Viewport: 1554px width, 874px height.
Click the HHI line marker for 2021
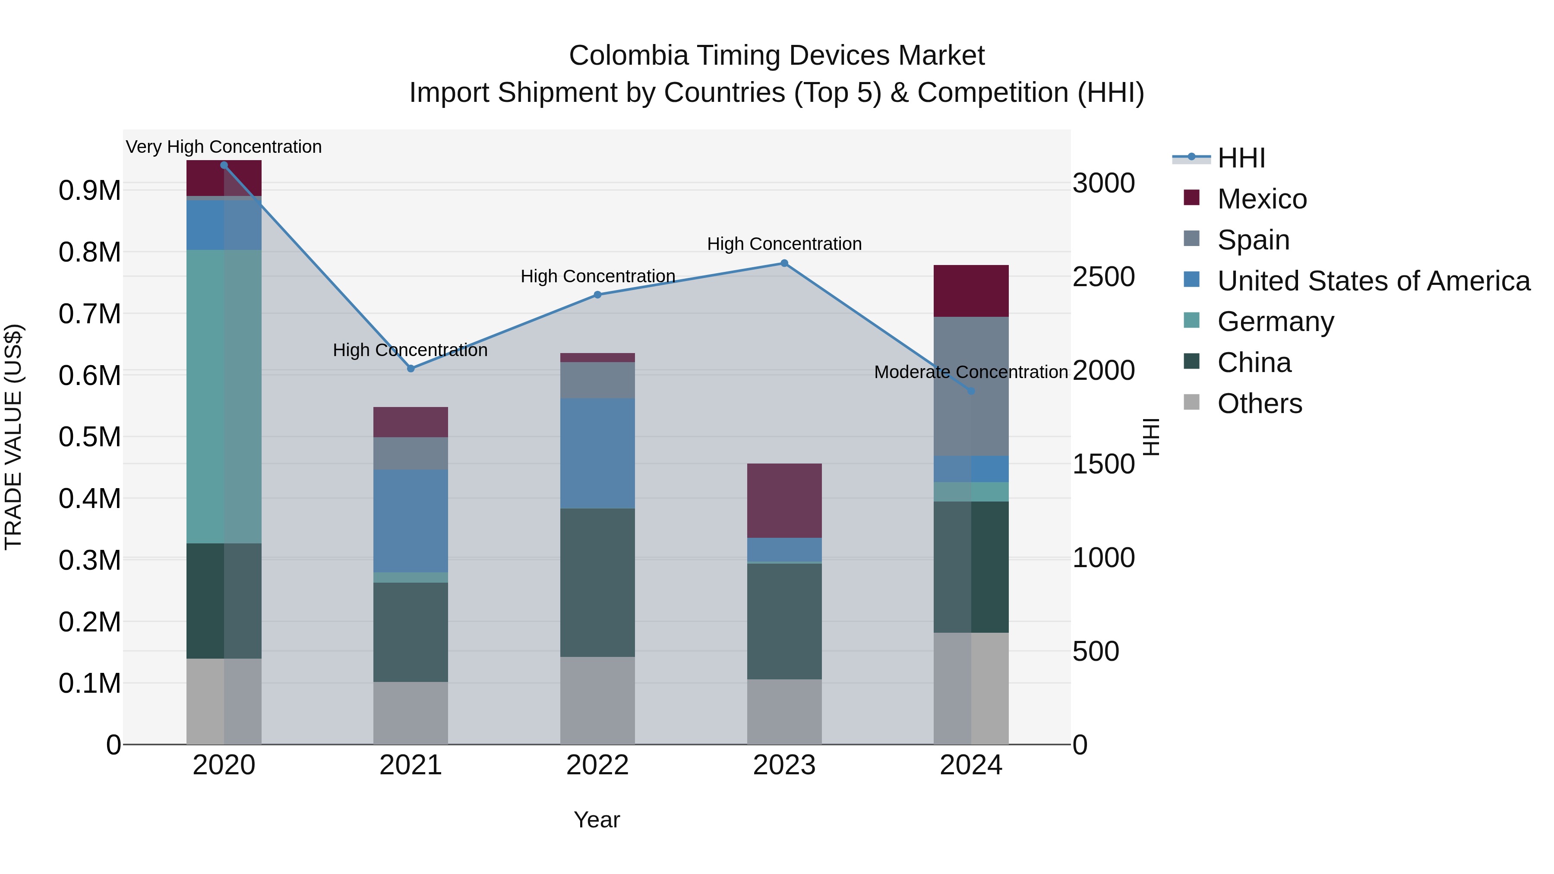tap(411, 369)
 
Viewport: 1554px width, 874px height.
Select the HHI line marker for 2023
tap(784, 263)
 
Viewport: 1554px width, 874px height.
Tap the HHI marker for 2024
tap(971, 391)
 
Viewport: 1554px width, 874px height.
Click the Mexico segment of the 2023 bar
tap(784, 501)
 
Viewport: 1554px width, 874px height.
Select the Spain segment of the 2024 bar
tap(971, 386)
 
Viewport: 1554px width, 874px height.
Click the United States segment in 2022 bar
tap(597, 453)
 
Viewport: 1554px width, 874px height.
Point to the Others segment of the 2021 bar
tap(411, 713)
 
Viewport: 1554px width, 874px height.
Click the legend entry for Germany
tap(1275, 322)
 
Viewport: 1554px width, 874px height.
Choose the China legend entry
tap(1254, 363)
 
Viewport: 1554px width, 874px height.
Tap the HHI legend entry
tap(1241, 158)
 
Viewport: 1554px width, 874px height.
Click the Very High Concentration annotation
tap(224, 147)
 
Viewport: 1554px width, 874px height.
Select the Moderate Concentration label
tap(971, 372)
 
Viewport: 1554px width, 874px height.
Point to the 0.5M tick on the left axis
tap(89, 437)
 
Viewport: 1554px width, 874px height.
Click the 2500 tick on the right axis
tap(1103, 277)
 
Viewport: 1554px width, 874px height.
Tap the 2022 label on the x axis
tap(597, 765)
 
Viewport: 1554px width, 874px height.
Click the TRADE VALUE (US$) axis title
tap(13, 437)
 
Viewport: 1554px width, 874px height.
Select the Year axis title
tap(597, 820)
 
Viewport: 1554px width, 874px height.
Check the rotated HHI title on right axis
tap(1151, 437)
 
